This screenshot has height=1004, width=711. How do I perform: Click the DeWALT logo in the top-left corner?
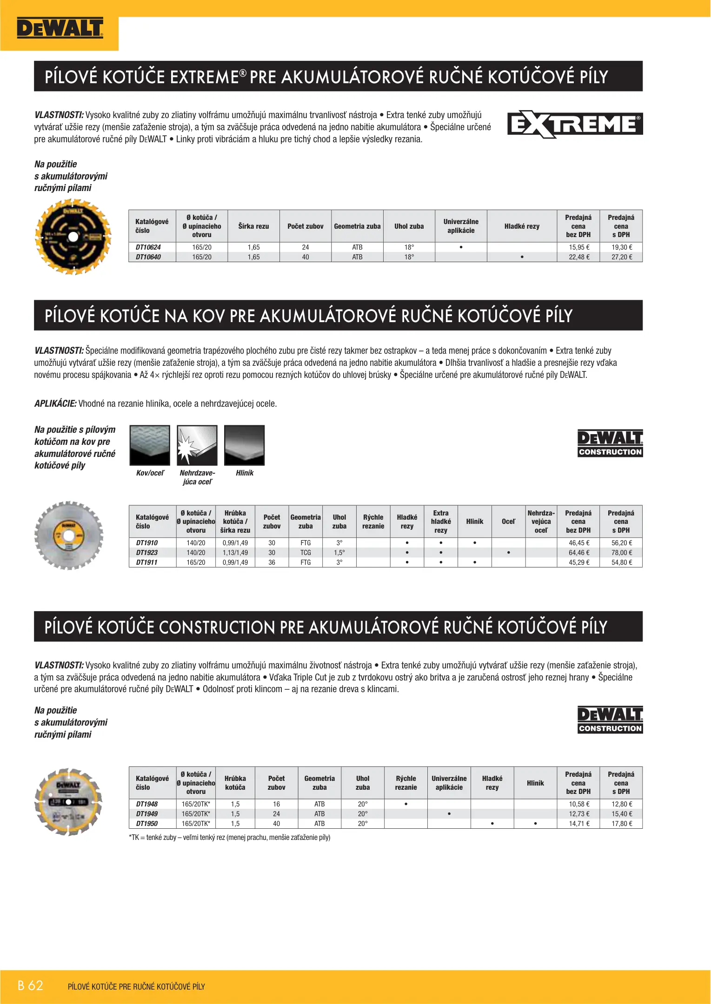[x=60, y=28]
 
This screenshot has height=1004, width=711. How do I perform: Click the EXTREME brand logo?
[x=575, y=125]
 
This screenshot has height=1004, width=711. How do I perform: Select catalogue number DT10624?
[x=148, y=247]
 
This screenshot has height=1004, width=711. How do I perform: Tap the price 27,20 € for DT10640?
[x=621, y=257]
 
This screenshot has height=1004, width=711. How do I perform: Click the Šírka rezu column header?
[x=253, y=226]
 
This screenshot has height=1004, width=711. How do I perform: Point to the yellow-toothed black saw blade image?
[x=73, y=237]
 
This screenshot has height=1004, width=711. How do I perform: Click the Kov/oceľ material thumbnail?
[x=150, y=445]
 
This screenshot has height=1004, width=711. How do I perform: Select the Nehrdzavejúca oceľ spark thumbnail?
[x=197, y=445]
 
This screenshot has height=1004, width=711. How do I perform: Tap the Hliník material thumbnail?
[x=245, y=445]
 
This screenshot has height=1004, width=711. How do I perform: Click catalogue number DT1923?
[x=147, y=553]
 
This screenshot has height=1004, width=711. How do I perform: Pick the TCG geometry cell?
[x=306, y=553]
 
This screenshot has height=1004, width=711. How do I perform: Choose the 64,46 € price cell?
[x=579, y=553]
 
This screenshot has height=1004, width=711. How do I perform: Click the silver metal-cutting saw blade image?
[x=69, y=536]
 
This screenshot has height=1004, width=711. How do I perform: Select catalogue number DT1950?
[x=147, y=824]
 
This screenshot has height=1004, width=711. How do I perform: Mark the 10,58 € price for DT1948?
[x=579, y=804]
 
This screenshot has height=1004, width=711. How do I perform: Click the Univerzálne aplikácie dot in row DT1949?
[x=449, y=814]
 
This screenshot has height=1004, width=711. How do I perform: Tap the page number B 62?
[x=30, y=985]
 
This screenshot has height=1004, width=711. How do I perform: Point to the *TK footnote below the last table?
[x=230, y=838]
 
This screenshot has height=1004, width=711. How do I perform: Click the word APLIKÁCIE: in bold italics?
[x=55, y=403]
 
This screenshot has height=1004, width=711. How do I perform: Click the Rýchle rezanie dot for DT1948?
[x=406, y=804]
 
